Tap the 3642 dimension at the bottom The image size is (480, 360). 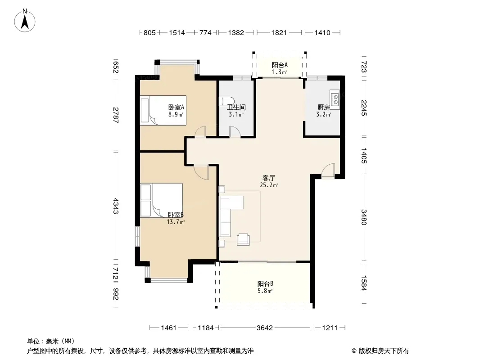pos(264,328)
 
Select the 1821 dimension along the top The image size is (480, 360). pos(279,32)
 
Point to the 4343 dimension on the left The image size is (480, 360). pos(116,206)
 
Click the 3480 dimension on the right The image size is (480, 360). pos(364,217)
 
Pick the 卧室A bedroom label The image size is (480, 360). pos(176,108)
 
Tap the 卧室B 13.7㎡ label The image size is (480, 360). pos(176,218)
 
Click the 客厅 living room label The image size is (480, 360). pos(269,178)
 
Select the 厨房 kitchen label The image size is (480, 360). pos(324,108)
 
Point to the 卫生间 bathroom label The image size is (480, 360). pos(236,108)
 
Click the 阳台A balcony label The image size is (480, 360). pos(280,65)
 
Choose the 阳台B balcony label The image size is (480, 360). pos(265,283)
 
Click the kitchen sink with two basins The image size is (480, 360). pos(335,99)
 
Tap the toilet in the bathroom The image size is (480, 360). pos(226,102)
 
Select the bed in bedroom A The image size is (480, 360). pos(163,110)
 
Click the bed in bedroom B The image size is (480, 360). pos(161,200)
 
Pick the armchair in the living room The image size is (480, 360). pos(243,239)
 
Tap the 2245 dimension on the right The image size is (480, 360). pos(364,108)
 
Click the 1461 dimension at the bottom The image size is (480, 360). pos(169,328)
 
